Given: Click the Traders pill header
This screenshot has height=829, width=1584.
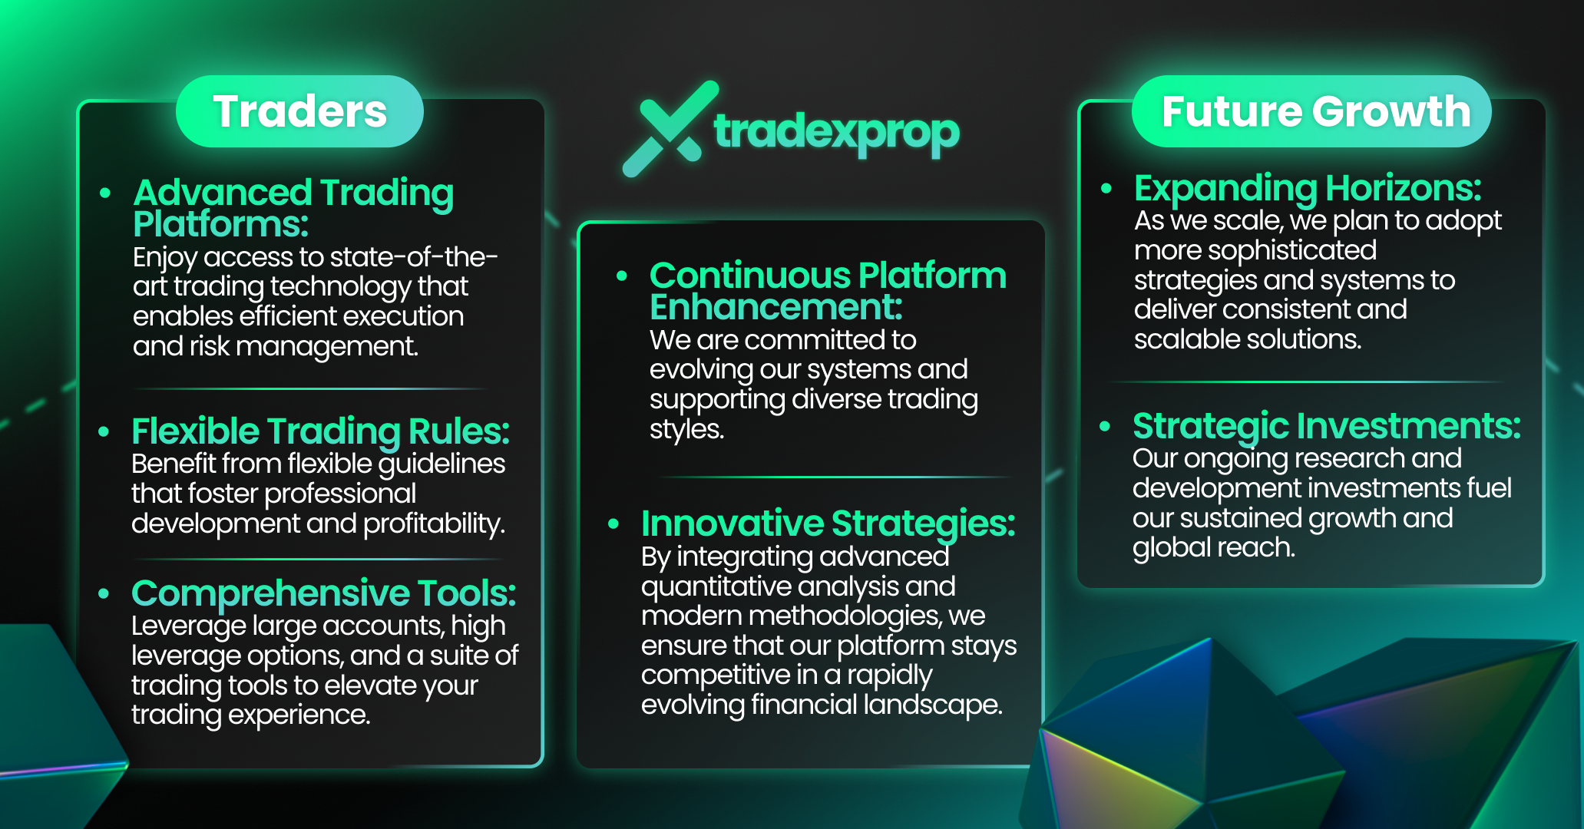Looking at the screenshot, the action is coord(299,111).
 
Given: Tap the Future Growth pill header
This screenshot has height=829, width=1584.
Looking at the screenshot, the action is coord(1311,111).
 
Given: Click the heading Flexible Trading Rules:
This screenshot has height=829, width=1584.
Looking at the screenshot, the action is coord(320,431).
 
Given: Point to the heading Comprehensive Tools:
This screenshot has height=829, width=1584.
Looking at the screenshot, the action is coord(323,593).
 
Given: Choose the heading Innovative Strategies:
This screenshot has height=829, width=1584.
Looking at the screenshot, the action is coord(828,524).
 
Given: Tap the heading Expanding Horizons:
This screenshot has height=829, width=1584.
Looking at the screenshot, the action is coord(1308,188).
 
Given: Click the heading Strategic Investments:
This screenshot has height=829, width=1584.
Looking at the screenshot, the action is coord(1326,426).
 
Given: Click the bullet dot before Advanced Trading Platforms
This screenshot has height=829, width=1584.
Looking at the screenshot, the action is coord(105,193).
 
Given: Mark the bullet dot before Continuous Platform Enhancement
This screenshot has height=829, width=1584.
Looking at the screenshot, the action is coord(622,276).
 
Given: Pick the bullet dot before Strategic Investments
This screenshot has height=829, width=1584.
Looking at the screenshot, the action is coord(1105,426).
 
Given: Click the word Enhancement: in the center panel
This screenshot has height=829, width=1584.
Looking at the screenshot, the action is coord(775,307).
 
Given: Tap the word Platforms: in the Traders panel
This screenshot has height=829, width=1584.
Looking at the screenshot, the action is coord(220,224).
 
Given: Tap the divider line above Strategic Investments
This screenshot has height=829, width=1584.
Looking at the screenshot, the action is coord(1308,381).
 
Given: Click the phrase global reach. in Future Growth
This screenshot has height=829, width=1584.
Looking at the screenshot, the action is coord(1213,548).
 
